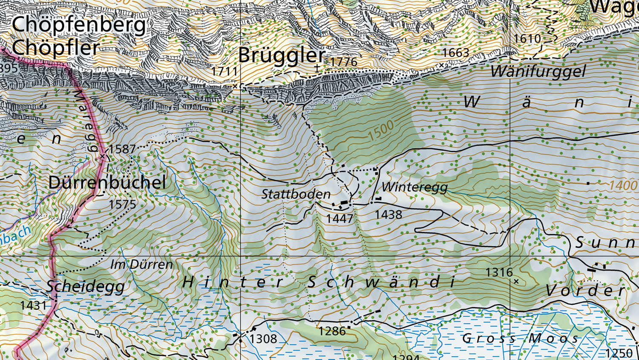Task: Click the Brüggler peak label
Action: pyautogui.click(x=282, y=55)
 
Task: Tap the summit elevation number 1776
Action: pyautogui.click(x=343, y=62)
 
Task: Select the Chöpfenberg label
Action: pyautogui.click(x=79, y=25)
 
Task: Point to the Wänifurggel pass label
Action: pyautogui.click(x=538, y=71)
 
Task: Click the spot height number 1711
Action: pyautogui.click(x=224, y=71)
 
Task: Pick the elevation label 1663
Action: pyautogui.click(x=455, y=53)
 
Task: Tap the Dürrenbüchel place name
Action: pyautogui.click(x=107, y=182)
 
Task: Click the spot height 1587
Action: pyautogui.click(x=122, y=149)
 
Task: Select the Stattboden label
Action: pyautogui.click(x=296, y=194)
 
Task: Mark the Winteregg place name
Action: pyautogui.click(x=414, y=187)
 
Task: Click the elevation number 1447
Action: pyautogui.click(x=340, y=219)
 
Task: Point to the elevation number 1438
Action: pyautogui.click(x=388, y=214)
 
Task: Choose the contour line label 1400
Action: pyautogui.click(x=623, y=185)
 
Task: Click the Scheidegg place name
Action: pyautogui.click(x=86, y=286)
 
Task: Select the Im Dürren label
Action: pyautogui.click(x=141, y=265)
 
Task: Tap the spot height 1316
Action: pyautogui.click(x=499, y=272)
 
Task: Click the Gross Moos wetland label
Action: pyautogui.click(x=520, y=339)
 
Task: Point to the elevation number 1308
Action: pyautogui.click(x=263, y=339)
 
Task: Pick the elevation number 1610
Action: pyautogui.click(x=527, y=39)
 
